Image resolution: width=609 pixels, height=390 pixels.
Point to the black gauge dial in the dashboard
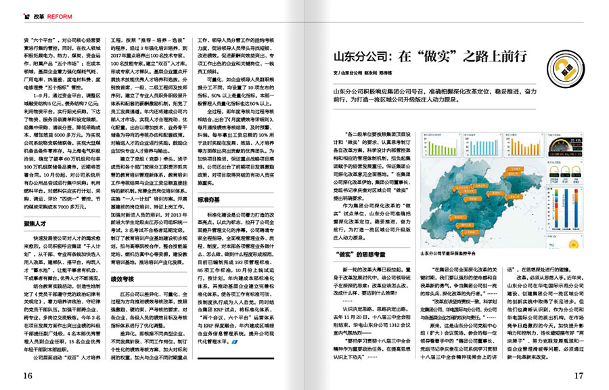tap(568, 144)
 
